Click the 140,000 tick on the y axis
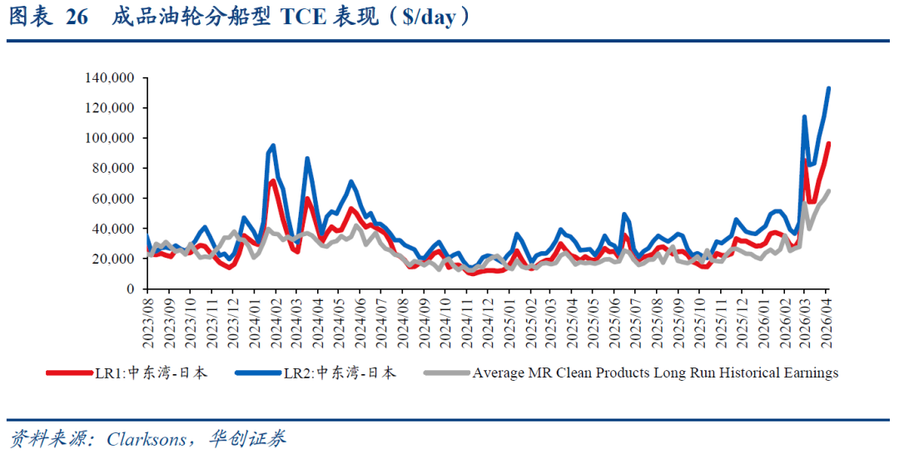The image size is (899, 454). [x=111, y=78]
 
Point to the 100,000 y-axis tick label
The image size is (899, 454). [x=111, y=138]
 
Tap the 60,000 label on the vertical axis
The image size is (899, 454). [x=114, y=198]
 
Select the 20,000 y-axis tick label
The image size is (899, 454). [x=114, y=259]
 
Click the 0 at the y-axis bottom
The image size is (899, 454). [x=132, y=289]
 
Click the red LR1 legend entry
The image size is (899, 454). [x=129, y=373]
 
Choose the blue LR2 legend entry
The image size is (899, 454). [x=317, y=373]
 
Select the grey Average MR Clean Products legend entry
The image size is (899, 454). [x=633, y=373]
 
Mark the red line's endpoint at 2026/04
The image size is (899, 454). [x=828, y=144]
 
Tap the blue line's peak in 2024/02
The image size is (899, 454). [x=273, y=146]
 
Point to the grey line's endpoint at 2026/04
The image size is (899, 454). [x=828, y=191]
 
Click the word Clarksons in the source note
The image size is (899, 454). [x=147, y=439]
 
